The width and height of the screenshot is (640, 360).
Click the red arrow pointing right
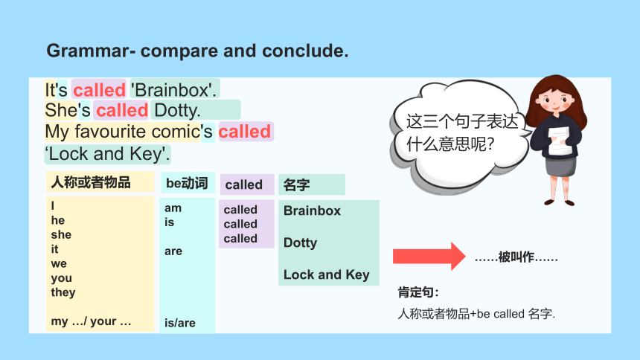coord(429,257)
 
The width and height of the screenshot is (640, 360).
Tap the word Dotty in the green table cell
coord(300,243)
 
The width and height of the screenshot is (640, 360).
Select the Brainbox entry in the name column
coord(312,210)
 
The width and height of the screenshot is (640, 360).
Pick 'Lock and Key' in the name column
coord(327,274)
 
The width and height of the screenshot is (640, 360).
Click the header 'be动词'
coord(187,183)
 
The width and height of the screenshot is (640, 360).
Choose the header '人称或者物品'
coord(91,182)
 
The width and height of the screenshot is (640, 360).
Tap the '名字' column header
coord(296,185)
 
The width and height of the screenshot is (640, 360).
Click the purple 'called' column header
coord(243,185)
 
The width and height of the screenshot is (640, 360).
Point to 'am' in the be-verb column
coord(173,208)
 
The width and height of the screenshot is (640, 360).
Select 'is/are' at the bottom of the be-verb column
coord(179,323)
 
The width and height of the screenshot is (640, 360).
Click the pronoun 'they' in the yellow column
coord(63,292)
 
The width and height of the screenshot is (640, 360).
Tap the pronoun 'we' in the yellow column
coord(59,263)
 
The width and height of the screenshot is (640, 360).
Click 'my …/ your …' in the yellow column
coord(91,321)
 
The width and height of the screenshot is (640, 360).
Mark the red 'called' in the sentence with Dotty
coord(122,110)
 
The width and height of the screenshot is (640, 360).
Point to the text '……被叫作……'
coord(516,257)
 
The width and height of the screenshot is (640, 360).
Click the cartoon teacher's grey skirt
coord(561,166)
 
